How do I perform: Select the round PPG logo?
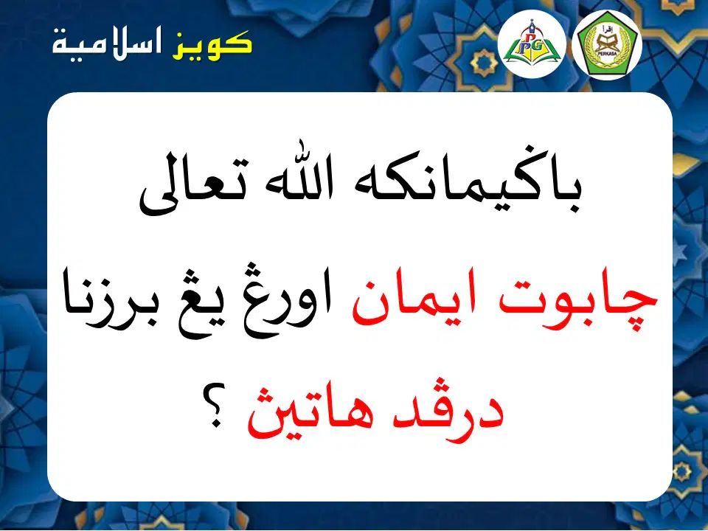(x=532, y=44)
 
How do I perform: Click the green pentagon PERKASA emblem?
(x=607, y=46)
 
